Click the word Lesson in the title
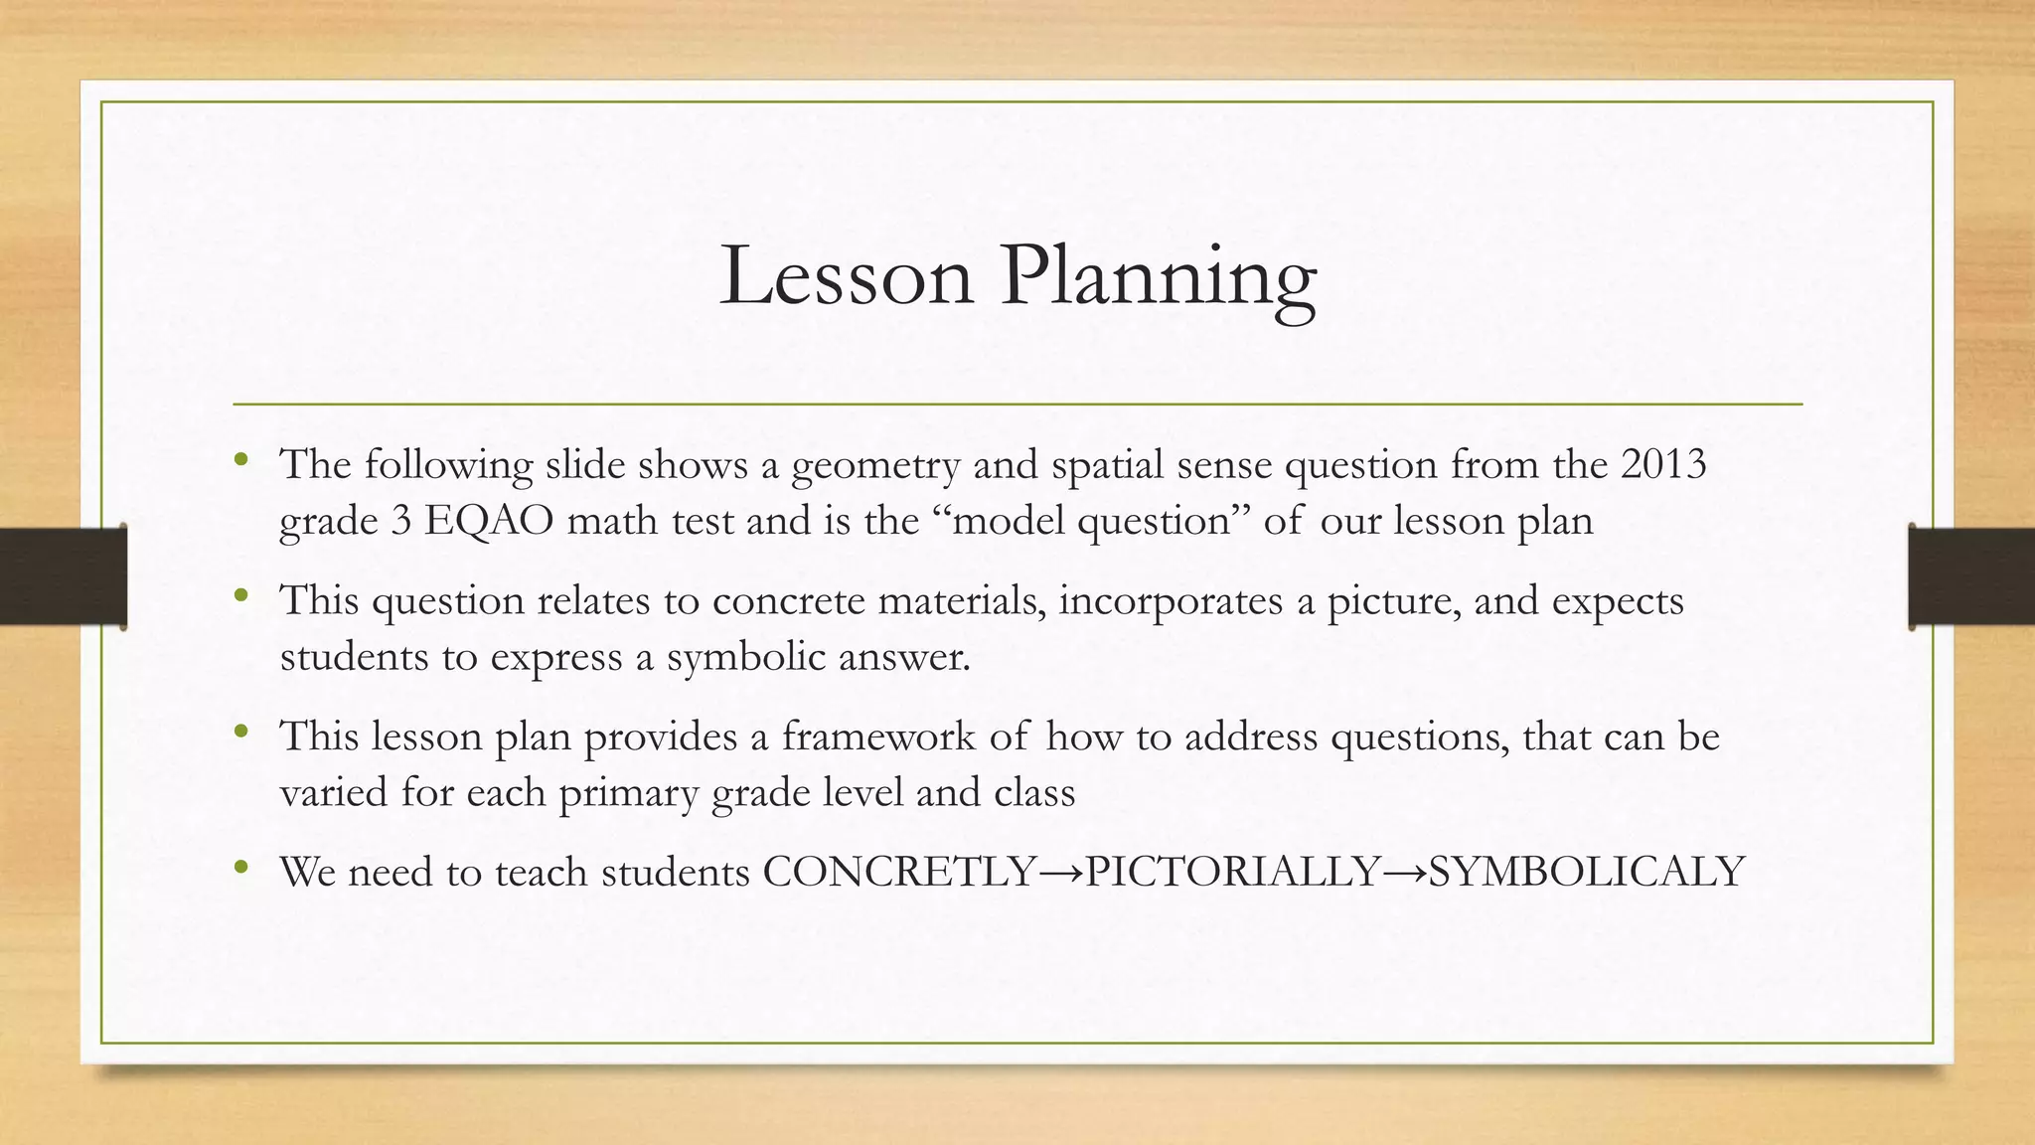point(846,275)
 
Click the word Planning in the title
point(1159,278)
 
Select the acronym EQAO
point(488,521)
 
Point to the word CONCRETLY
point(899,872)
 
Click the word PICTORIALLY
point(1232,872)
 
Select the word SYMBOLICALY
point(1586,872)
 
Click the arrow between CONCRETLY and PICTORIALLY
point(1061,873)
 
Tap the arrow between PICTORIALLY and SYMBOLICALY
point(1404,873)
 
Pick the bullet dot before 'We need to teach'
point(240,868)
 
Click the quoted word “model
point(1002,521)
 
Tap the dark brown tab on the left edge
point(63,576)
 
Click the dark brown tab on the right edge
point(1971,576)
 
